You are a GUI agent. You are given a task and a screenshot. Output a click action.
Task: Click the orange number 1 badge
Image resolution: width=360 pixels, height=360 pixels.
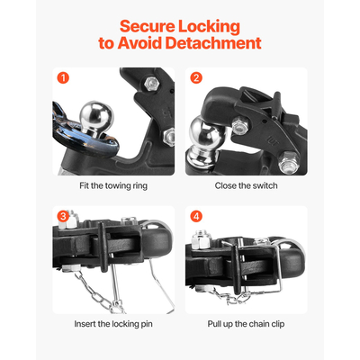[61, 77]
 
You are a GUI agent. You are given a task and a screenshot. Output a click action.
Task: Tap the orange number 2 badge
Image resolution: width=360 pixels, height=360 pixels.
[197, 77]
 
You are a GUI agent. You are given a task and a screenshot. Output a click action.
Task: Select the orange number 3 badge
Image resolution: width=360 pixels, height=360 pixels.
[61, 217]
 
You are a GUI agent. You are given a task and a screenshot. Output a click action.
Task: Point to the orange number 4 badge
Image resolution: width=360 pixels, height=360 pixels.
[197, 217]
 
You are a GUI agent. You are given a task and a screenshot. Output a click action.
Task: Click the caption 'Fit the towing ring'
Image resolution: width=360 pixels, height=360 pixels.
[112, 185]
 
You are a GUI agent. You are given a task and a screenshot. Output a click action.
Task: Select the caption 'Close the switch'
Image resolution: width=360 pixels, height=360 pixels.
[247, 185]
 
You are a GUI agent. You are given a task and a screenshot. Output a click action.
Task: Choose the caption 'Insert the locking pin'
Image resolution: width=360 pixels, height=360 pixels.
[112, 323]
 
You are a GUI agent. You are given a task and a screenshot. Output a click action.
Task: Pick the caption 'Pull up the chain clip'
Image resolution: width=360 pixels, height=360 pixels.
[247, 323]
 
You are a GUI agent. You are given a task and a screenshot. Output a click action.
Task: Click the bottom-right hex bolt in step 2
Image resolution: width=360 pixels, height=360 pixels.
[289, 164]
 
